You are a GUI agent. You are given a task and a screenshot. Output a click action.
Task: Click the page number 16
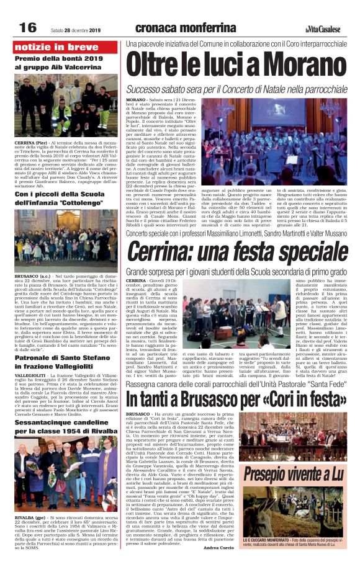(29, 27)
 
